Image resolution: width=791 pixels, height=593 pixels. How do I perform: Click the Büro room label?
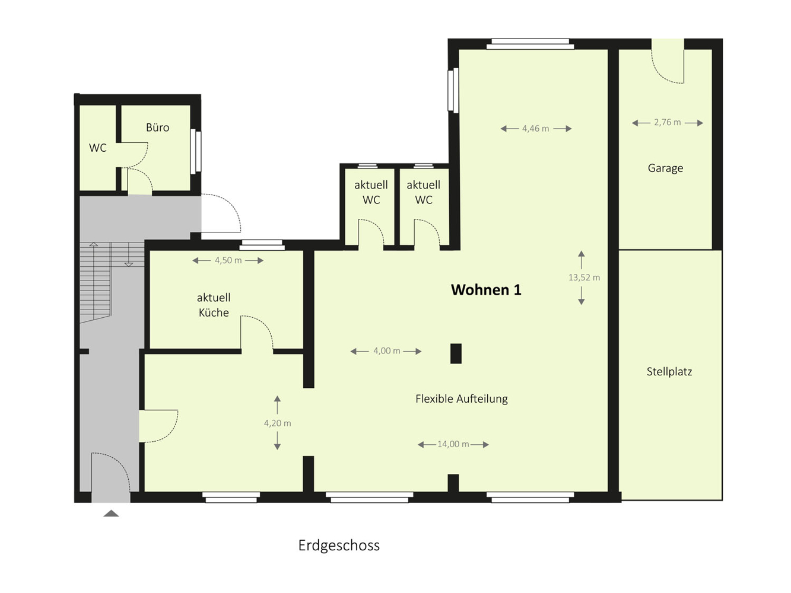click(x=157, y=127)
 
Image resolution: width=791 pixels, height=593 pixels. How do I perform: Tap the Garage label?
click(x=665, y=168)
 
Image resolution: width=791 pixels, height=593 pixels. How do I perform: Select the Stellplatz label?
click(x=669, y=372)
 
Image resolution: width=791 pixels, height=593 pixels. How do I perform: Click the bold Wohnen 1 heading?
click(x=486, y=290)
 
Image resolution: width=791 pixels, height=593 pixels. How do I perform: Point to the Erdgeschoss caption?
click(x=339, y=546)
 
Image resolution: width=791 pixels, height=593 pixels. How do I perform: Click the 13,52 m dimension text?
click(x=584, y=278)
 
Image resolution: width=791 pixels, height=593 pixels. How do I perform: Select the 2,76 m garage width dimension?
click(x=668, y=122)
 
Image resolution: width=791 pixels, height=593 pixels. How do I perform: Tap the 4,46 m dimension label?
click(x=535, y=129)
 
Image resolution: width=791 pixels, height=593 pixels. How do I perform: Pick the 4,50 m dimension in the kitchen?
click(x=228, y=260)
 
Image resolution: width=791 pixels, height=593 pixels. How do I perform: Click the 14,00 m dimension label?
click(x=453, y=444)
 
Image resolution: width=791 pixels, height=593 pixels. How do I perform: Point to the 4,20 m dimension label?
click(x=278, y=423)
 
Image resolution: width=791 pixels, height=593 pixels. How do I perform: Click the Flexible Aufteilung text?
click(x=462, y=399)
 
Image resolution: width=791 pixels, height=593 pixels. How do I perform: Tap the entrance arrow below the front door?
click(x=111, y=514)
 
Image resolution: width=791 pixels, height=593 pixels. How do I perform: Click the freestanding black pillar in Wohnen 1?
click(x=456, y=353)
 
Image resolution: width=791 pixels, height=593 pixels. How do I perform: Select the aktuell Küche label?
click(x=214, y=305)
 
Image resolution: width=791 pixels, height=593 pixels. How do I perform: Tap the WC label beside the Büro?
click(x=98, y=148)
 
